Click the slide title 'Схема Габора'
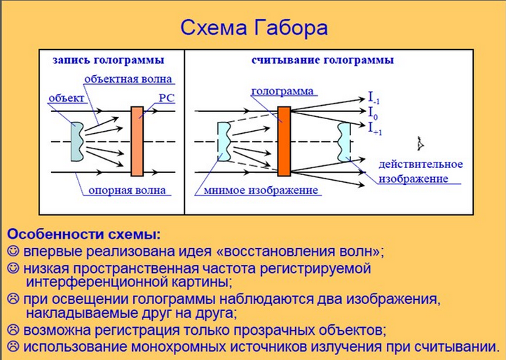pos(254,28)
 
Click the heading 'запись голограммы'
pos(109,60)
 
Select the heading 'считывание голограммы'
pos(322,60)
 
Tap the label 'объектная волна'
pos(128,79)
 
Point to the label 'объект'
pos(66,98)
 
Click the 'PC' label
pos(167,98)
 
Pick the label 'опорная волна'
pos(127,191)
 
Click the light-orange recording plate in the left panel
pos(137,141)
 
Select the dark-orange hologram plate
pos(284,141)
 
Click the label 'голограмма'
pos(282,91)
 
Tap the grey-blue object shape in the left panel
pos(78,141)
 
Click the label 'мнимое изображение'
pos(261,191)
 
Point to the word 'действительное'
pos(420,164)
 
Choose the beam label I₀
pos(373,112)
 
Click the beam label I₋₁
pos(374,98)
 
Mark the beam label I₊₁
pos(375,128)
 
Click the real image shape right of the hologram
pos(344,142)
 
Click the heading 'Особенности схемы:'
pos(83,234)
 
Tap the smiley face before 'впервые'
pos(13,251)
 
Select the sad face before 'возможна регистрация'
pos(13,330)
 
